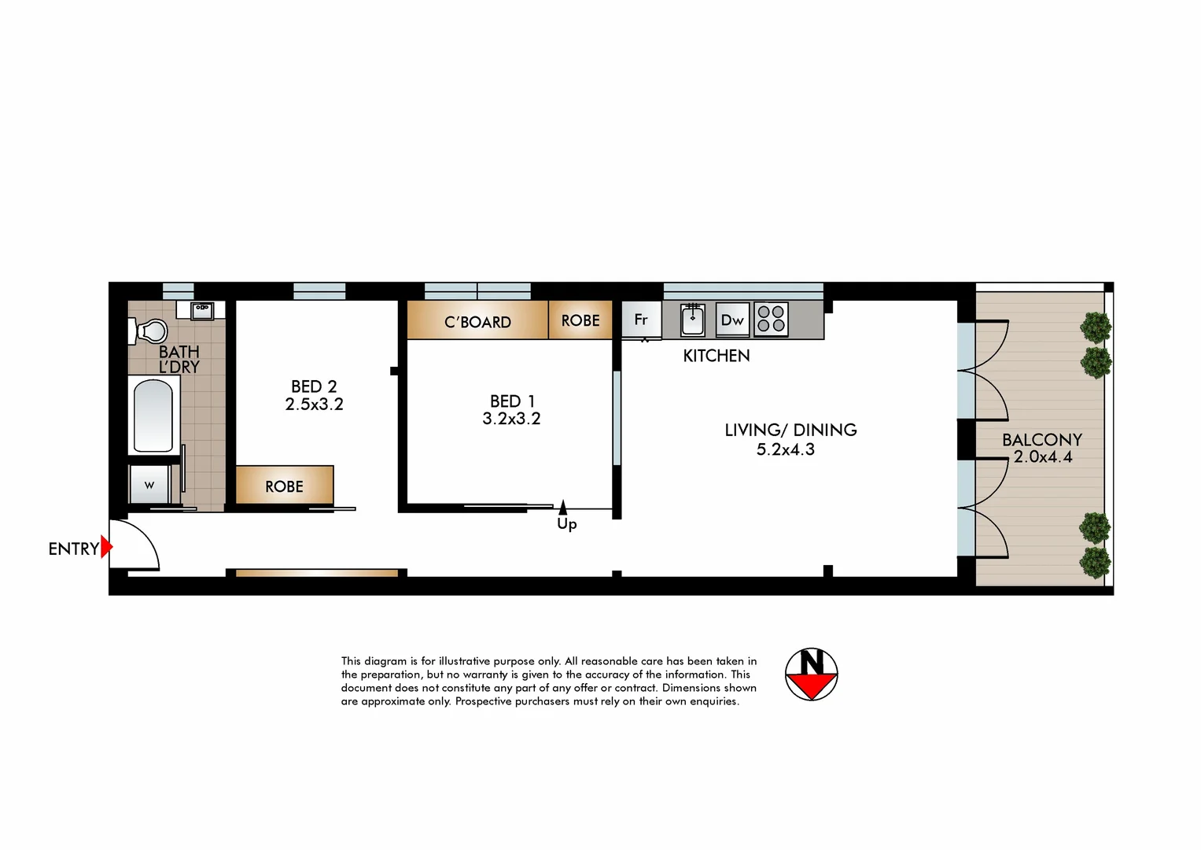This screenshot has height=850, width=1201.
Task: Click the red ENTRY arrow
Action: [106, 547]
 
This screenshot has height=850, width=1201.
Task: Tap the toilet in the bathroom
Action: [149, 331]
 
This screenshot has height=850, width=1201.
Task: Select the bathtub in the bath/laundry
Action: [153, 416]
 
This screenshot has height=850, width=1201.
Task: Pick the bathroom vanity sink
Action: [202, 309]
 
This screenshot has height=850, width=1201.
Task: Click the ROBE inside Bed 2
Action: [284, 486]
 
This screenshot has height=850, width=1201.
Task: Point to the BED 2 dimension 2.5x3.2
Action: [314, 405]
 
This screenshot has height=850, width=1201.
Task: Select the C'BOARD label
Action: [477, 322]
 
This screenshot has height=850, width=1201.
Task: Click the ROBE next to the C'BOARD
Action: [580, 320]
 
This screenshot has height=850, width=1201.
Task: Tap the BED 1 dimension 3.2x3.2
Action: [511, 419]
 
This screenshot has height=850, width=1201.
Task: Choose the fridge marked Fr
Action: [641, 320]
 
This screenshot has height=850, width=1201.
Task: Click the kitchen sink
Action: [693, 320]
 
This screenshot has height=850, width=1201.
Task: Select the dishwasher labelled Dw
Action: [732, 320]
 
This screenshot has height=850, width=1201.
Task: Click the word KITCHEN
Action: [716, 356]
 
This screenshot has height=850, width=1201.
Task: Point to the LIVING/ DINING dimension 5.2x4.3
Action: [785, 449]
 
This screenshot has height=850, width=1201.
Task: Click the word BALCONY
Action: [1041, 439]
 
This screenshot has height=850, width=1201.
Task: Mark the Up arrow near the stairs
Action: [563, 508]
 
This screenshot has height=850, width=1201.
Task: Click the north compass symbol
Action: [811, 674]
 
